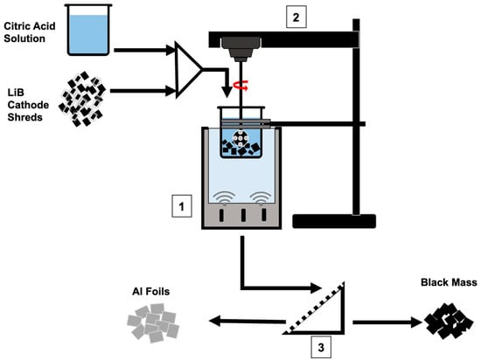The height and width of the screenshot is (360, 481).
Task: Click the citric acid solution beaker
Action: [x=88, y=30]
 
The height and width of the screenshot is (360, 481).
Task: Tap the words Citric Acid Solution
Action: [x=30, y=32]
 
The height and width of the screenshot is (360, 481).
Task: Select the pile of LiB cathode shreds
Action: [x=82, y=99]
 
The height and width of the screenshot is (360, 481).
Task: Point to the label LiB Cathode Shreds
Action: [x=28, y=105]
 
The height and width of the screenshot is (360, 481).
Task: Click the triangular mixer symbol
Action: [x=188, y=70]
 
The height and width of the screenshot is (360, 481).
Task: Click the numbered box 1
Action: [x=182, y=206]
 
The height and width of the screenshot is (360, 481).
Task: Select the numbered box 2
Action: [x=296, y=17]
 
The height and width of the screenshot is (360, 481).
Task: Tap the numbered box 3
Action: [x=321, y=347]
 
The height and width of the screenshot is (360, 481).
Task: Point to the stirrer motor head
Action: [x=240, y=49]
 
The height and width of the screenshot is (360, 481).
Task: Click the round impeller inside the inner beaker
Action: [x=240, y=138]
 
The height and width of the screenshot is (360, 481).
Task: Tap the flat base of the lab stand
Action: [x=334, y=221]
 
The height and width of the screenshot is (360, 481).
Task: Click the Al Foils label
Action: [x=151, y=291]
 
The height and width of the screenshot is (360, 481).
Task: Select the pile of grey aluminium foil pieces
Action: [x=153, y=322]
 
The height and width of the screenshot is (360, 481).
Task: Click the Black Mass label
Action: [x=449, y=282]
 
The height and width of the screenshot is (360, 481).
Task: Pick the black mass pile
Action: [x=448, y=320]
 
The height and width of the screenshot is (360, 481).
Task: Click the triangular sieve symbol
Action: [x=316, y=308]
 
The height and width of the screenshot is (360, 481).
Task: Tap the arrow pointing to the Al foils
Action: [x=247, y=322]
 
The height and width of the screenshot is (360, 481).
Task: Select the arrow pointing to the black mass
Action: [x=387, y=322]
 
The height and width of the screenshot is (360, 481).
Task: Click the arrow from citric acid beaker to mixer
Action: [x=145, y=50]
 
